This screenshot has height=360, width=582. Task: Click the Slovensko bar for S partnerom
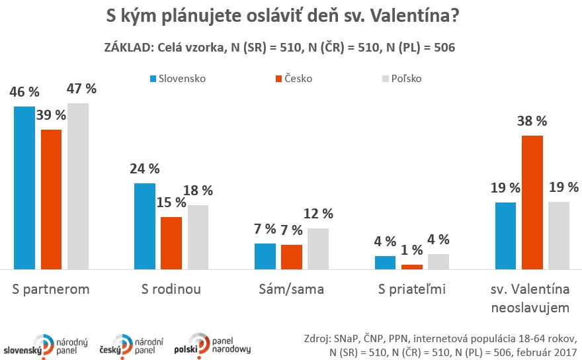(x=24, y=188)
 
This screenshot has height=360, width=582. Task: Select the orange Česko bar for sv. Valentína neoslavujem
(x=532, y=202)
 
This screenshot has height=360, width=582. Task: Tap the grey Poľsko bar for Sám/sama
(x=317, y=249)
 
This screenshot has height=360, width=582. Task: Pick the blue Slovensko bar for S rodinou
(x=145, y=226)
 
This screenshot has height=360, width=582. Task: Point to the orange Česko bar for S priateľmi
(x=411, y=267)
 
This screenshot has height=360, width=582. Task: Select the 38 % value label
(x=532, y=121)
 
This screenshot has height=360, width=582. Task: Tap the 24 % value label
(x=144, y=169)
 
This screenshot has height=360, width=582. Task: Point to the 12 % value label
(x=317, y=214)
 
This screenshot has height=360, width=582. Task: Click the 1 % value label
(x=411, y=250)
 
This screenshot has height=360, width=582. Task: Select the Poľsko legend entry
(x=402, y=78)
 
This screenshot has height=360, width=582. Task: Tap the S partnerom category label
(x=51, y=289)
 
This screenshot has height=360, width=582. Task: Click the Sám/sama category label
(x=291, y=289)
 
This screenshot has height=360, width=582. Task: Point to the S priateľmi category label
(x=411, y=289)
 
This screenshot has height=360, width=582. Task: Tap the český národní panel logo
(x=129, y=343)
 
